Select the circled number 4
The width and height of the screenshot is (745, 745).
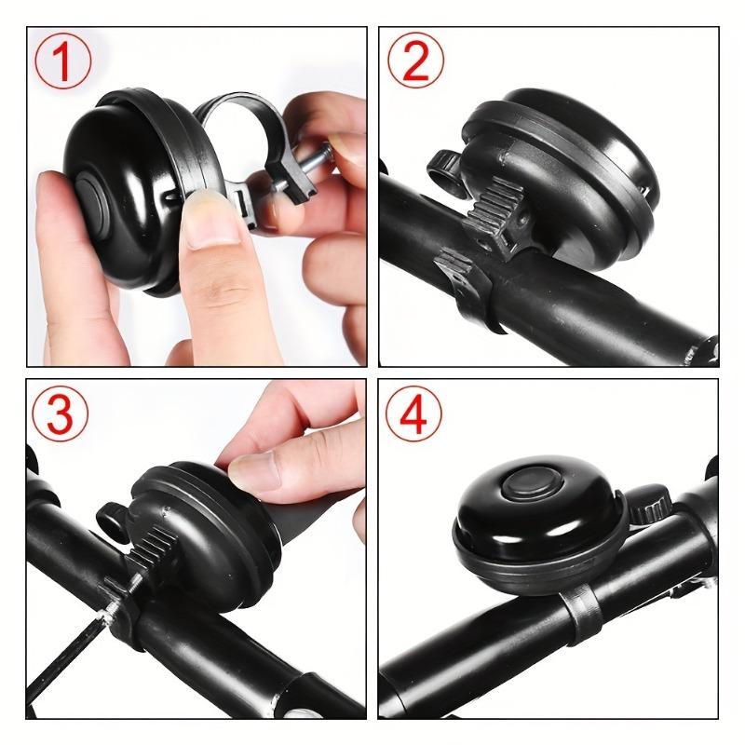click(x=414, y=416)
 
